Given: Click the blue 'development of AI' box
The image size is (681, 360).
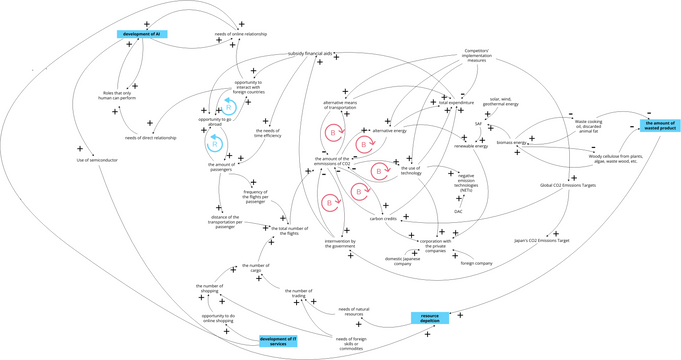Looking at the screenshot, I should click(142, 35).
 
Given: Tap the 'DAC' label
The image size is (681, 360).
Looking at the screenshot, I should click(458, 212).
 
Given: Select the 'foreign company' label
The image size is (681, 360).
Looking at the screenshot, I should click(477, 262).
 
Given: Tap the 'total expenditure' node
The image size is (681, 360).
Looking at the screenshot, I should click(459, 103).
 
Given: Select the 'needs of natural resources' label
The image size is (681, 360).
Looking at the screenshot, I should click(356, 312).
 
